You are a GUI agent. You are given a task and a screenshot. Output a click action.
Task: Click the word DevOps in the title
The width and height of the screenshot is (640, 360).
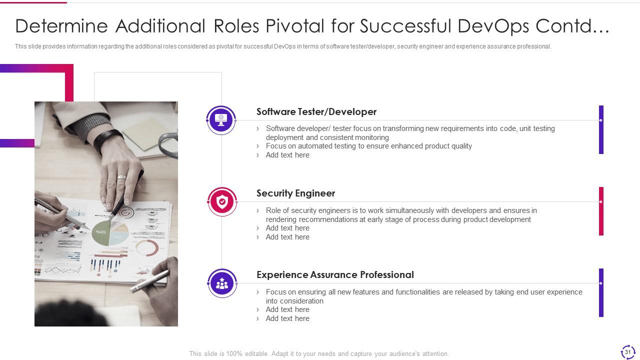coord(493,26)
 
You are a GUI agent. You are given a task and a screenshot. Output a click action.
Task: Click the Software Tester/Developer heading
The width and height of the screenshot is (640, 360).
coord(316,111)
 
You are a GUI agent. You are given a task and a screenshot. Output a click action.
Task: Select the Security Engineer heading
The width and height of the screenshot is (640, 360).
coord(295,193)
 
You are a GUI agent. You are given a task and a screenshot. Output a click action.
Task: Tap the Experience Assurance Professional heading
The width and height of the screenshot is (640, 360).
coord(335,274)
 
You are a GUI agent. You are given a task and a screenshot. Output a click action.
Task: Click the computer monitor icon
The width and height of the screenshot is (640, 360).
coord(221,119)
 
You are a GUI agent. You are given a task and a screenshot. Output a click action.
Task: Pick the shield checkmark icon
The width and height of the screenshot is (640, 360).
coord(222,201)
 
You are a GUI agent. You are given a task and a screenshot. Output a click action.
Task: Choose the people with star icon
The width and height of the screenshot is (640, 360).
coord(222,283)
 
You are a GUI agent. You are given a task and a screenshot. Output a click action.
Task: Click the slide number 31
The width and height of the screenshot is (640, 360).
coord(627,352)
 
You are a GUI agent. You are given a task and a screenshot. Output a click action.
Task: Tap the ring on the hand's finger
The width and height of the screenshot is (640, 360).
coord(121,177)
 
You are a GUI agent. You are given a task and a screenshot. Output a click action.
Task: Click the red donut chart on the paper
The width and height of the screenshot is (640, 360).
coord(147,247)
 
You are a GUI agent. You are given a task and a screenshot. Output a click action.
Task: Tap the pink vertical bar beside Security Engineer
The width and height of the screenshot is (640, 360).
coord(601,211)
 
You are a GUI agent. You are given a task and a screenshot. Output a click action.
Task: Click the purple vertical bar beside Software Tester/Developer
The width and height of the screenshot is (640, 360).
coord(601,129)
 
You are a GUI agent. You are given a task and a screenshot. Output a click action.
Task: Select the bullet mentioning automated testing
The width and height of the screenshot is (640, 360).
coord(368,146)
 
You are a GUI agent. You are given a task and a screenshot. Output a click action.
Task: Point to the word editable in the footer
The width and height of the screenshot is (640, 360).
coord(256,353)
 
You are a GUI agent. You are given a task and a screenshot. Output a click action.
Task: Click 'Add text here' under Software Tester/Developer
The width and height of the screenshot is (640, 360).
coord(287,155)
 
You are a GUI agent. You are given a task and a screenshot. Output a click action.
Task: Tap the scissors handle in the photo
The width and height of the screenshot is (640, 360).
coord(168,145)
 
